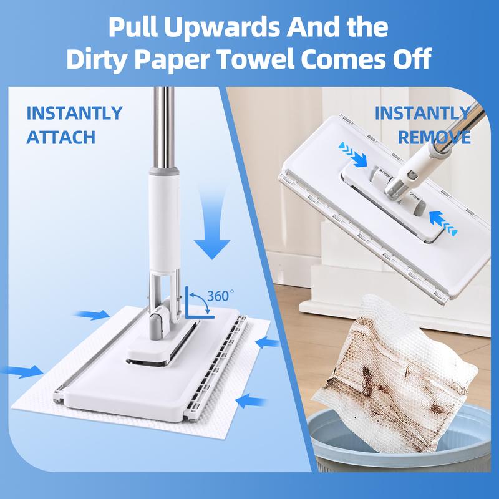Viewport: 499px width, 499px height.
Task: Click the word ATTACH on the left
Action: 61,137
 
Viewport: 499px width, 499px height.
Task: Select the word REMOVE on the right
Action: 434,137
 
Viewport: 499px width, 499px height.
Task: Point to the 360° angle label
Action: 221,296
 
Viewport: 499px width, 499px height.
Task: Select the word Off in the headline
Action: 412,61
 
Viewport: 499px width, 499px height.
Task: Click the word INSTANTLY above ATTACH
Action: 74,114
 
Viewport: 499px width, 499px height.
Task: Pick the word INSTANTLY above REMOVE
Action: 422,114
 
